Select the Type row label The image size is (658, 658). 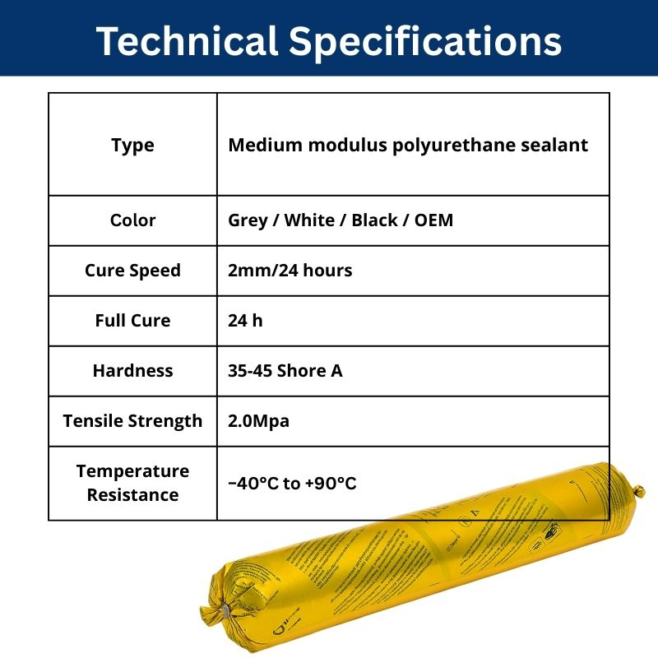coord(132,146)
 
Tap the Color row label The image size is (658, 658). coord(132,220)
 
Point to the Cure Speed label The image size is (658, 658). coord(132,271)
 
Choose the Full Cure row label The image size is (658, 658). coord(132,321)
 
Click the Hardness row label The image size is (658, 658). coord(132,371)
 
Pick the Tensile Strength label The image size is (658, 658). coord(132,421)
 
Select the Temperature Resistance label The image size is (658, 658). coord(132,483)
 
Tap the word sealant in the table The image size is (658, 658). coord(557,146)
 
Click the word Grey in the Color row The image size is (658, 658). coord(248,220)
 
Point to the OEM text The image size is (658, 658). coord(433,220)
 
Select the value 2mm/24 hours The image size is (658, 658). coord(290,271)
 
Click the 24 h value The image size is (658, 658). coord(245,321)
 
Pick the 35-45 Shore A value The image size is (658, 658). coord(285,371)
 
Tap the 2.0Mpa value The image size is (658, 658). coord(258,421)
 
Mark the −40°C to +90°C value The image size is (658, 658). coord(292,484)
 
